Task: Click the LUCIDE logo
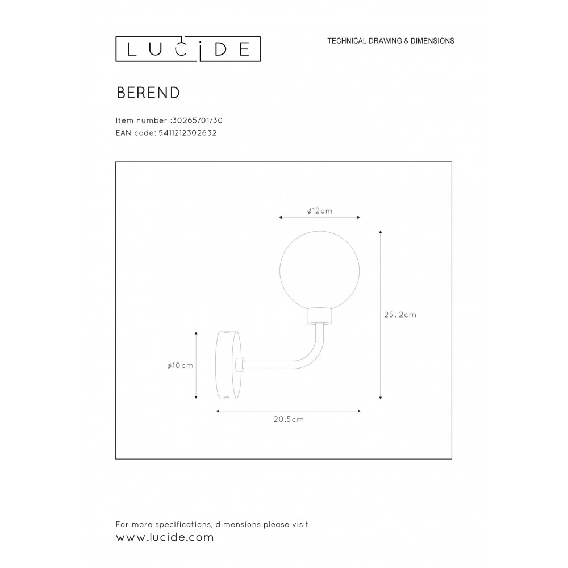[188, 49]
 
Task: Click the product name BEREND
[148, 93]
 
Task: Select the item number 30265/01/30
[197, 120]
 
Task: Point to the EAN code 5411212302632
[187, 133]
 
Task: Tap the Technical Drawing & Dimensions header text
[391, 41]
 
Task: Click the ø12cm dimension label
[319, 211]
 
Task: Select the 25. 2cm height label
[400, 315]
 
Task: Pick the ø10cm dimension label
[180, 366]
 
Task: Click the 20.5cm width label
[289, 420]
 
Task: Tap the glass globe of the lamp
[319, 269]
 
